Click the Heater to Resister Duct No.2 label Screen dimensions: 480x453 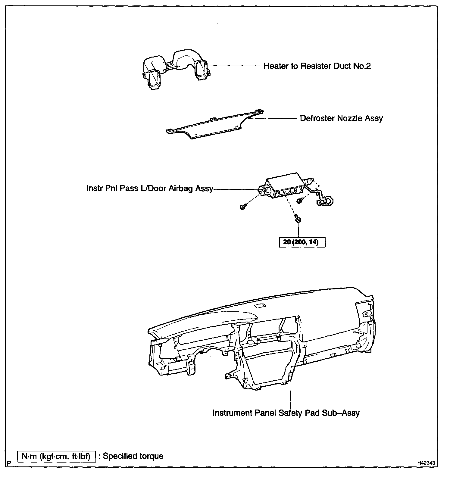click(x=317, y=66)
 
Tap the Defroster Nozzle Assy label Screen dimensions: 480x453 click(x=341, y=118)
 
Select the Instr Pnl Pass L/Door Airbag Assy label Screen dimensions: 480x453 click(x=150, y=189)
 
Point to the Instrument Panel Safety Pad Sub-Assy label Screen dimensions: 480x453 click(x=286, y=413)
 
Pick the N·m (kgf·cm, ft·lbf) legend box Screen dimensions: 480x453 click(x=56, y=456)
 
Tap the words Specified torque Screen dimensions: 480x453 click(x=133, y=456)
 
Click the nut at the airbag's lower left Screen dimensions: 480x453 click(x=243, y=207)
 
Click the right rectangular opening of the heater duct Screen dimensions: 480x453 click(x=201, y=69)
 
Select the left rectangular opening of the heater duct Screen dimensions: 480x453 click(x=155, y=78)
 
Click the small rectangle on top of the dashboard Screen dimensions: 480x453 click(x=259, y=306)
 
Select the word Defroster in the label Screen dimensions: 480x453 click(x=317, y=118)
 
